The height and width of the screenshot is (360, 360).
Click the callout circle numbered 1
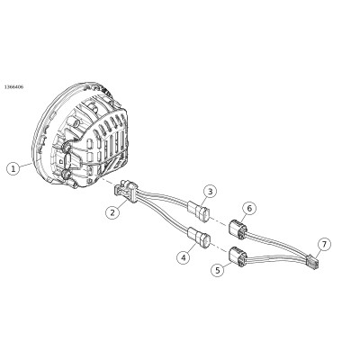point(13,168)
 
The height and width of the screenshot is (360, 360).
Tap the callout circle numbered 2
point(112,212)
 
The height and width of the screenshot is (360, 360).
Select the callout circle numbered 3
point(210,192)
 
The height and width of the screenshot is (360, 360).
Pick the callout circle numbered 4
point(184,257)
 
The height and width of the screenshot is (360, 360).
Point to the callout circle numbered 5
point(218,270)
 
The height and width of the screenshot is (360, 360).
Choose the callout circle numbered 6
point(249,208)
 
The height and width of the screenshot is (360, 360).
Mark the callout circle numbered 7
point(324,245)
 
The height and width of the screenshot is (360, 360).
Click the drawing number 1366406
point(13,87)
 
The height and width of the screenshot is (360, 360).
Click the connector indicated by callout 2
point(126,191)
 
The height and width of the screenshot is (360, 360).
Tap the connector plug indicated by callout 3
point(200,211)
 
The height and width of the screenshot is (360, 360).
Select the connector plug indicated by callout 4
point(199,238)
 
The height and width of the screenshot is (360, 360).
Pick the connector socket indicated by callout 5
point(238,257)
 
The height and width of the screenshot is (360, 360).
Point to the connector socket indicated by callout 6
point(238,229)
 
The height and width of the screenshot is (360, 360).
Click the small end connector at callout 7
point(311,262)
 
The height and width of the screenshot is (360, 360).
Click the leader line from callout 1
point(26,165)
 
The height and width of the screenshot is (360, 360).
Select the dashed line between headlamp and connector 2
point(108,182)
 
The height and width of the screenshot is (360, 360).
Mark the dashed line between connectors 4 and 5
point(220,248)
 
